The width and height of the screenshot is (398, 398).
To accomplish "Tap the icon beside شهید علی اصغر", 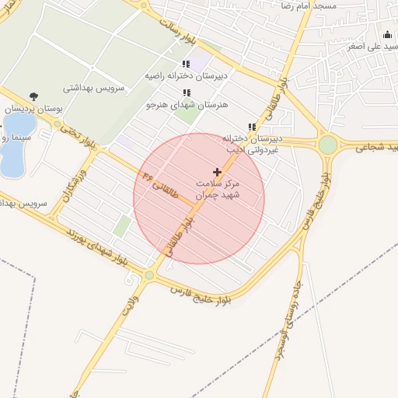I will tap(387, 33).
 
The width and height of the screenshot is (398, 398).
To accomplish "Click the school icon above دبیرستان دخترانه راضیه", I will tap(185, 64).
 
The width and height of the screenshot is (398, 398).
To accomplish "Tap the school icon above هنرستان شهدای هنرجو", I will tap(185, 93).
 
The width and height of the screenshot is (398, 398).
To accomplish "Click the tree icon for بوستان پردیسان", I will tap(33, 96).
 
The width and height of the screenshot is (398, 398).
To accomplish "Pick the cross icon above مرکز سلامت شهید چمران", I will tap(217, 171).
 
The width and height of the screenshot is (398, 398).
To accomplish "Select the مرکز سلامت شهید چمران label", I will tap(217, 189).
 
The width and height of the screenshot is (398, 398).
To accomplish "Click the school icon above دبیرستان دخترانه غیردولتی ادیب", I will tap(251, 127).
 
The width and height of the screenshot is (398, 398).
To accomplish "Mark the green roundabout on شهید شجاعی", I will tap(328, 145).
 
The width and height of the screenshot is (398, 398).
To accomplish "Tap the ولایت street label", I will tap(128, 304).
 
